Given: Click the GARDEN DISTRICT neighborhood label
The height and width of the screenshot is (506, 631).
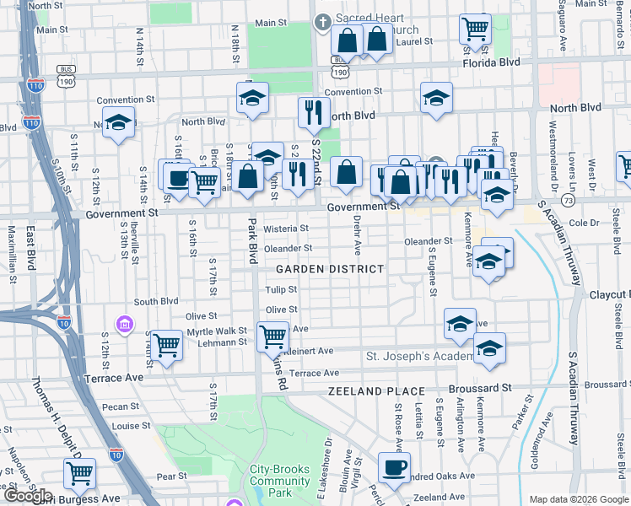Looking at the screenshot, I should [330, 269].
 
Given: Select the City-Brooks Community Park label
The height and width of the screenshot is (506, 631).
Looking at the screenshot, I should [281, 481].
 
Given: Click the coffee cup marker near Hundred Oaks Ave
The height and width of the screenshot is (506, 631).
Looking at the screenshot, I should [393, 467].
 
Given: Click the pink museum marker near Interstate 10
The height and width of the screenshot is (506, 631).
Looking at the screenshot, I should [125, 324].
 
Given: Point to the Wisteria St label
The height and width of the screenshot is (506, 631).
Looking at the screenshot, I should [286, 229].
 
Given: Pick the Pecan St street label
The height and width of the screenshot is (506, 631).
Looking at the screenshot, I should [112, 406].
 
